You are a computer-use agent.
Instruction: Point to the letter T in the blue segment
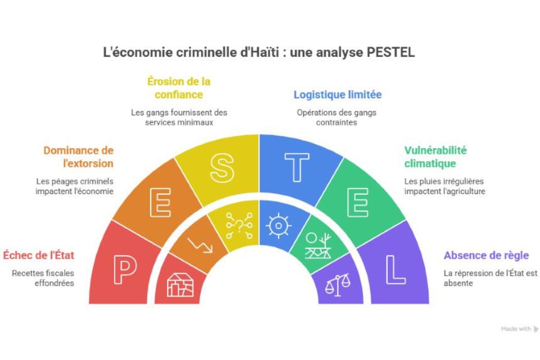click(x=297, y=167)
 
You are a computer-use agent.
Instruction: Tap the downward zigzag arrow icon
click(x=199, y=244)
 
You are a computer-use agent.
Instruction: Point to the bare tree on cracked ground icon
click(x=318, y=246)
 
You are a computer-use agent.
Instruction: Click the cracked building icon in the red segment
click(x=180, y=284)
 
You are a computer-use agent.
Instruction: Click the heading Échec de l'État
click(x=39, y=256)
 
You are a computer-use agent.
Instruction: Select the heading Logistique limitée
click(x=337, y=95)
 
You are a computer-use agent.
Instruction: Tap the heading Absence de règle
click(x=486, y=256)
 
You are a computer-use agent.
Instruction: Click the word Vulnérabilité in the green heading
click(x=435, y=150)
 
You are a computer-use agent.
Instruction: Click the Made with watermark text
click(x=516, y=329)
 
